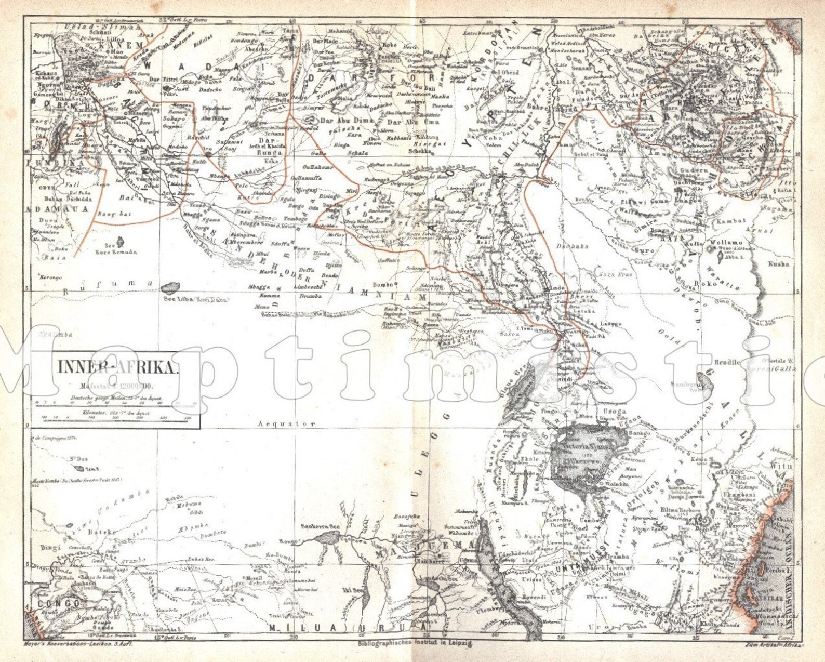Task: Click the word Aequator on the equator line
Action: tap(287, 423)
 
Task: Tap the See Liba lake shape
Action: tap(170, 288)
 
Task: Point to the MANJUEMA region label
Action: tap(426, 545)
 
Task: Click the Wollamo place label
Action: tap(726, 243)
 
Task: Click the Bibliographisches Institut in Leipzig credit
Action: tap(415, 644)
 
